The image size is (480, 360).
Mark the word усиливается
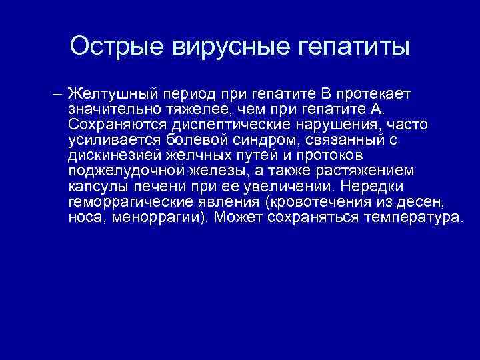pyautogui.click(x=109, y=140)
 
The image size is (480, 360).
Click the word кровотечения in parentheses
pyautogui.click(x=309, y=204)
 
